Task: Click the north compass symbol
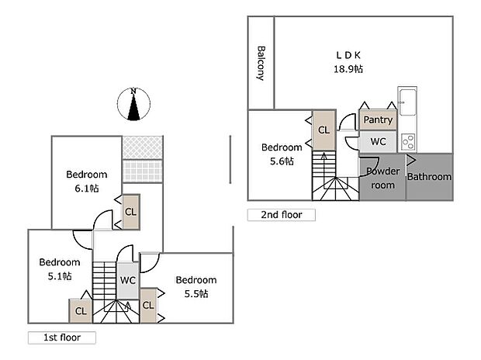[134, 106]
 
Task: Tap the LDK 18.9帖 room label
[348, 62]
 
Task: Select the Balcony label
[261, 63]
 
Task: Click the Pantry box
[378, 120]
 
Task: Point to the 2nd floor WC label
[378, 142]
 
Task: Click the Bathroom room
[429, 176]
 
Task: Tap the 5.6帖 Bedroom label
[281, 154]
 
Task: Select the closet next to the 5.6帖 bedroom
[323, 130]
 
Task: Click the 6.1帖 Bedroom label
[86, 181]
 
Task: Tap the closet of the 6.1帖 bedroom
[130, 211]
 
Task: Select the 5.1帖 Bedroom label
[60, 268]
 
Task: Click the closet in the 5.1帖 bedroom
[80, 310]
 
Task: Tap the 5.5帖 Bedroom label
[196, 287]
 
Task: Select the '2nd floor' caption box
[281, 215]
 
